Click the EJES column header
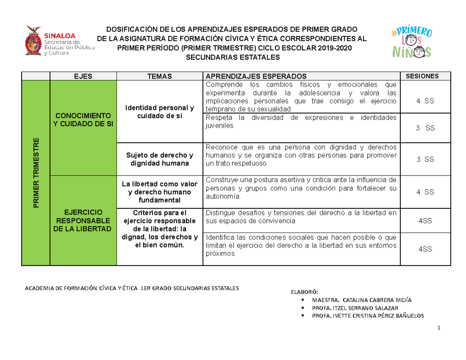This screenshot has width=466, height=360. pyautogui.click(x=83, y=76)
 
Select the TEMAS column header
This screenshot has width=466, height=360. pyautogui.click(x=160, y=76)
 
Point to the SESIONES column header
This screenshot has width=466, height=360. pyautogui.click(x=425, y=76)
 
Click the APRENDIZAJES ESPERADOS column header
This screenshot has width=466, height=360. pyautogui.click(x=256, y=76)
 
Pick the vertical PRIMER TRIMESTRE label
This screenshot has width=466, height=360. pyautogui.click(x=36, y=172)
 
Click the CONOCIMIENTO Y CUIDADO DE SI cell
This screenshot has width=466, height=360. pyautogui.click(x=83, y=120)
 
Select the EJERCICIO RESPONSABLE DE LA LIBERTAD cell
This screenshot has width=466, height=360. pyautogui.click(x=83, y=220)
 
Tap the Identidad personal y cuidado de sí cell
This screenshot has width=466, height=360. pyautogui.click(x=160, y=111)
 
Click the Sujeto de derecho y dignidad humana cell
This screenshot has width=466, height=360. pyautogui.click(x=160, y=160)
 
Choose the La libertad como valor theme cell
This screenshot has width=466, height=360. pyautogui.click(x=160, y=192)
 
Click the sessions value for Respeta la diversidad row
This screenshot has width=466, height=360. pyautogui.click(x=425, y=128)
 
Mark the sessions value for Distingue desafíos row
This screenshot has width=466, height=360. pyautogui.click(x=425, y=221)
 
